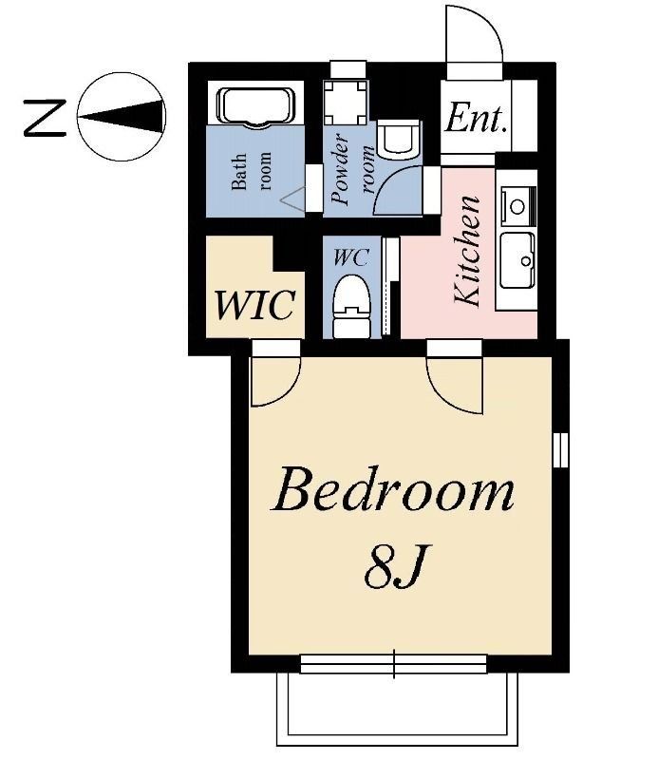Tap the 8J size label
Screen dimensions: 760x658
[x=393, y=567]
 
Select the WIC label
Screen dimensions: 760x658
[x=254, y=306]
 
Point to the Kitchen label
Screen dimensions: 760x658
[x=467, y=251]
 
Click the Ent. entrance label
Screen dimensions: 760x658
[x=476, y=120]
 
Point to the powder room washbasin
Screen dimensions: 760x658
[x=397, y=141]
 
